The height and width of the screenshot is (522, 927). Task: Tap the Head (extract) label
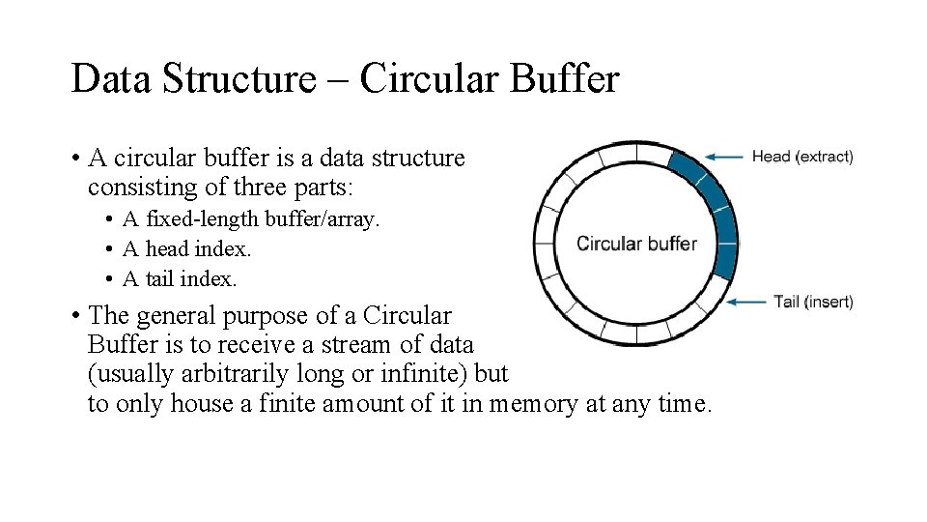point(802,157)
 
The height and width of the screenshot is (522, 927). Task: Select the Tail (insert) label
point(813,302)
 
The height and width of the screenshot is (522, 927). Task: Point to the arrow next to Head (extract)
point(724,157)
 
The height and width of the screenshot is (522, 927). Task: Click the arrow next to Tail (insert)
point(746,302)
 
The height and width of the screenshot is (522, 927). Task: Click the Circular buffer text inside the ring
point(636,244)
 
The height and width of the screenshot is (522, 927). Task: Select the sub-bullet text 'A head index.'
point(186,249)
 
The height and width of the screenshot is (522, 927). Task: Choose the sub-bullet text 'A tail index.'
point(180,279)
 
